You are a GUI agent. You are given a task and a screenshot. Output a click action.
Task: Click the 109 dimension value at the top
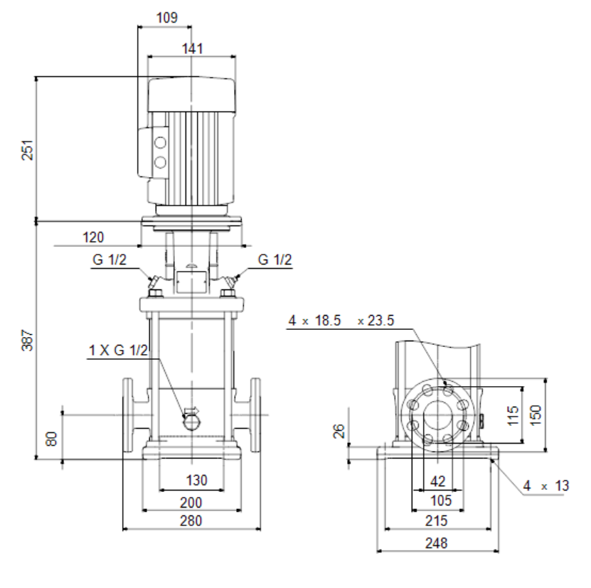pyautogui.click(x=166, y=17)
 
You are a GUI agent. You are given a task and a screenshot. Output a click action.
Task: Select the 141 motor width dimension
pyautogui.click(x=192, y=48)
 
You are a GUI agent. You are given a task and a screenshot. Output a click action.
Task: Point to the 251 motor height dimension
pyautogui.click(x=28, y=150)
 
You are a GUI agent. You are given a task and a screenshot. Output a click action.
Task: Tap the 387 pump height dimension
pyautogui.click(x=28, y=340)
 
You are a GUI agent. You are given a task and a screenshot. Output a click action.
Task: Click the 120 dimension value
pyautogui.click(x=93, y=237)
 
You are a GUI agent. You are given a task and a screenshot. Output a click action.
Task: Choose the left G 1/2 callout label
pyautogui.click(x=110, y=260)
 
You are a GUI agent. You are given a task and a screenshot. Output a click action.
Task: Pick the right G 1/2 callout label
pyautogui.click(x=275, y=260)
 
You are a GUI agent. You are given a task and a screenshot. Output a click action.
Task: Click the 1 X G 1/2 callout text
pyautogui.click(x=118, y=350)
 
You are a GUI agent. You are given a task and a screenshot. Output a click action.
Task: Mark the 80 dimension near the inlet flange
pyautogui.click(x=51, y=439)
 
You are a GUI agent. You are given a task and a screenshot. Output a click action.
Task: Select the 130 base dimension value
pyautogui.click(x=197, y=480)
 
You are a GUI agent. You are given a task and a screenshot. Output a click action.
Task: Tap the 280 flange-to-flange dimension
pyautogui.click(x=191, y=520)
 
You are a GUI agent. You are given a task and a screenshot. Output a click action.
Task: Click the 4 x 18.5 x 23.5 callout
pyautogui.click(x=341, y=321)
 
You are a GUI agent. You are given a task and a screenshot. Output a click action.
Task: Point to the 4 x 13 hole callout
pyautogui.click(x=546, y=486)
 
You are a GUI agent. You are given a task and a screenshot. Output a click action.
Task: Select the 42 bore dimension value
pyautogui.click(x=437, y=481)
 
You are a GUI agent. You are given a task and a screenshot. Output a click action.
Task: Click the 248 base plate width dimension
pyautogui.click(x=437, y=542)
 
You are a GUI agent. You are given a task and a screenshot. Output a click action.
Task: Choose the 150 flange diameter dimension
pyautogui.click(x=536, y=415)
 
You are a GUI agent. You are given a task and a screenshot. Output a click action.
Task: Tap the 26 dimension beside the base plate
pyautogui.click(x=339, y=431)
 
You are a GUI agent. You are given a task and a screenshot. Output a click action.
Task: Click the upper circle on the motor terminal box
pyautogui.click(x=160, y=143)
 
